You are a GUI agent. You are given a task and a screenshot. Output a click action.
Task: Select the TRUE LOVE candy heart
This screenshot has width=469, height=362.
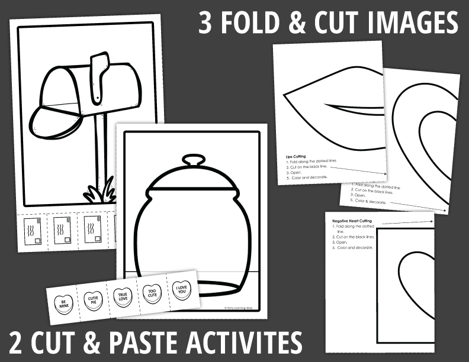[122, 296]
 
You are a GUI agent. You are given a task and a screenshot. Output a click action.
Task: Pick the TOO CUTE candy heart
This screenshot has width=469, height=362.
[152, 292]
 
